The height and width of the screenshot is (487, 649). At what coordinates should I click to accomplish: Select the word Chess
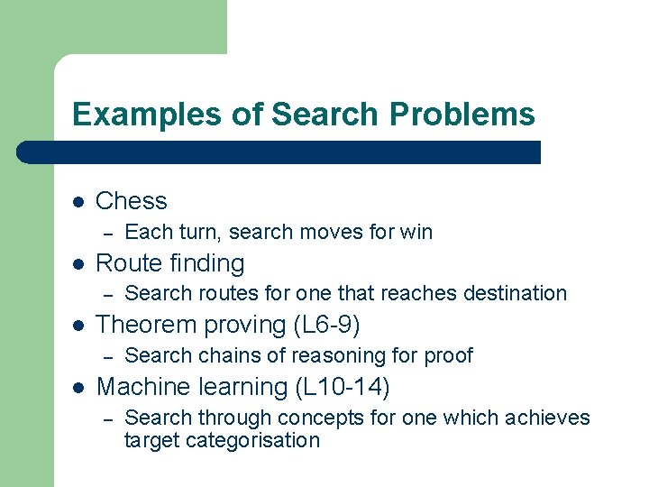131,201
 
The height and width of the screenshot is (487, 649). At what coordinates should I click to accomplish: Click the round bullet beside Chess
78,202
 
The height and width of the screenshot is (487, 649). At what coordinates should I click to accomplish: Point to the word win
416,232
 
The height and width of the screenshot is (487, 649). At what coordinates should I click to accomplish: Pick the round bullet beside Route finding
78,264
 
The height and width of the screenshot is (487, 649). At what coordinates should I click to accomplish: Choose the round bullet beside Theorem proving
78,326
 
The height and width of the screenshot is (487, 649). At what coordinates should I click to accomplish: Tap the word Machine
144,387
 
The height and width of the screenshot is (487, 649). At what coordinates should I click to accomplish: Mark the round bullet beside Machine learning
78,388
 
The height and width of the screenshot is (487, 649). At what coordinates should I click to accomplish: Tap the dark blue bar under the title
279,152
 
